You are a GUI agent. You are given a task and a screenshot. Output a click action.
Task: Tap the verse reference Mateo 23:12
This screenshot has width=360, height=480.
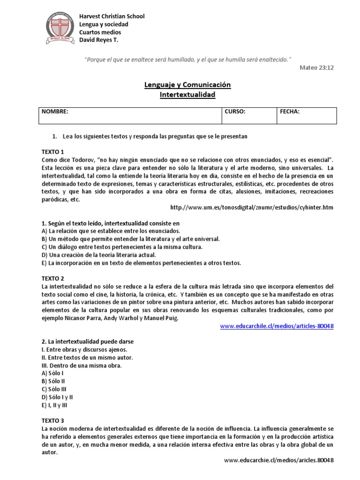pos(316,67)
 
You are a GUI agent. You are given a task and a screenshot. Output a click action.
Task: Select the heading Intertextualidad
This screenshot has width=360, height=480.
pos(187,95)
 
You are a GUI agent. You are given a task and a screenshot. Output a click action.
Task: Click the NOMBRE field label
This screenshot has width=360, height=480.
pos(55,112)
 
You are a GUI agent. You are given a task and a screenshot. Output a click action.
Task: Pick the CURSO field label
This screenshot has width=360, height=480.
pos(235,112)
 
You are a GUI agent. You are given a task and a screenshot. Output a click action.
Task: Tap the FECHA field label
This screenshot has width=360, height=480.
pos(290,112)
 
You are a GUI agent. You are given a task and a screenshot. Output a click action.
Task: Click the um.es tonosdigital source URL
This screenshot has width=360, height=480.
pos(252,208)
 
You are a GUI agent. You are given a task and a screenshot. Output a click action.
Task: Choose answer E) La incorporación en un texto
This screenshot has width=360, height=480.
pos(141,263)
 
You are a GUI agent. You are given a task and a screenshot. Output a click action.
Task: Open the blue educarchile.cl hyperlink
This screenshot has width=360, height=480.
pos(277,326)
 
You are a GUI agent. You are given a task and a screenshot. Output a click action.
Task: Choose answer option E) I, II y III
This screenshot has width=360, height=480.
pos(55,405)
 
